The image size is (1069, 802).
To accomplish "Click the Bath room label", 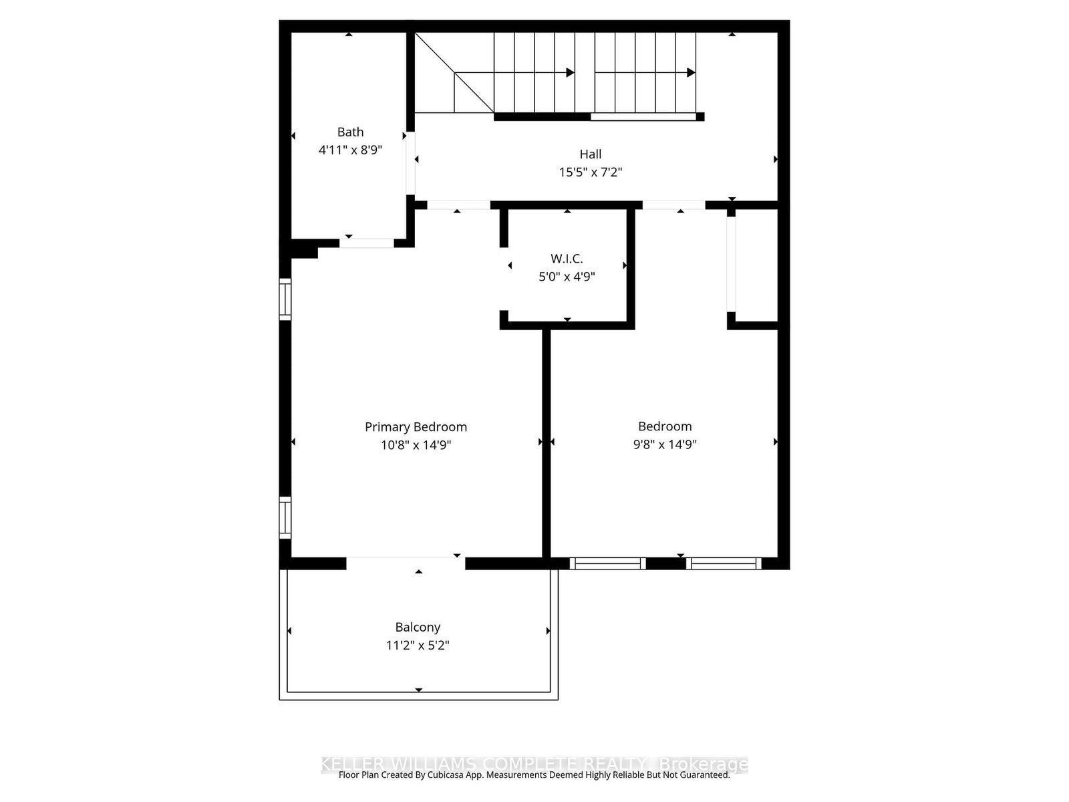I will coord(350,132).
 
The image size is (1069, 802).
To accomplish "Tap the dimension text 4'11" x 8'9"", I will coord(350,150).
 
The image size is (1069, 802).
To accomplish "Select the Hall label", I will coord(591,154).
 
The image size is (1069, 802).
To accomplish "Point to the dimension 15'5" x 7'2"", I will coord(591,172).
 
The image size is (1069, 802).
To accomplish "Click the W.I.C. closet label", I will coord(567,259).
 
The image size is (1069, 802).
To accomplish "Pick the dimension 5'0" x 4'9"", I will coord(567,277).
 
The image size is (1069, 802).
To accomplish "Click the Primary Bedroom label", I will coord(416,427).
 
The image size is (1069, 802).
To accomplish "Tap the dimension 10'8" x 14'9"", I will coord(416,445).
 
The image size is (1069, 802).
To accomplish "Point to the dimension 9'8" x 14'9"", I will coord(665,445).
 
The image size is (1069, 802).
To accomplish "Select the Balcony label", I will coord(418,628).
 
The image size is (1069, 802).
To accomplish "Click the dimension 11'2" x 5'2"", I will coord(418,646).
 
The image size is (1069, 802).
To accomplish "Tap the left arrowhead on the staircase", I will coord(570,73).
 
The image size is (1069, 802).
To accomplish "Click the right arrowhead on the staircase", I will coord(692,73).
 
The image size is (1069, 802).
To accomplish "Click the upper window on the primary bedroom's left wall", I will coord(285,299).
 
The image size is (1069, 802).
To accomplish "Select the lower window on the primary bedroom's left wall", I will coord(285,518).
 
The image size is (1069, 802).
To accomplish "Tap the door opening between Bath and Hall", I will coord(410,164).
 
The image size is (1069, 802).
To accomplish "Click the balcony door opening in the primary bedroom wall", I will coord(406,563).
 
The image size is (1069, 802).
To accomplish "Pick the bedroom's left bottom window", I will coord(607,563).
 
